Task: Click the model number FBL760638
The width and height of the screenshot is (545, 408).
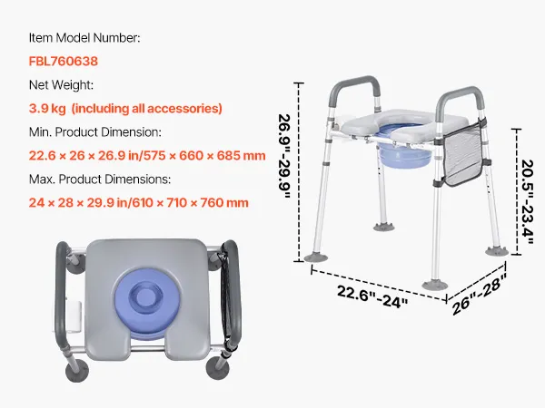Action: (64, 62)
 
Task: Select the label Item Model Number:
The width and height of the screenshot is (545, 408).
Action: (84, 38)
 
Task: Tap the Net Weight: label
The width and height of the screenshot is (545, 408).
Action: (61, 85)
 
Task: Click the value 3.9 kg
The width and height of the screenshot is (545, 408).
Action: (47, 109)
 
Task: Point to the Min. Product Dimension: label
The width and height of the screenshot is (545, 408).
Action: (95, 132)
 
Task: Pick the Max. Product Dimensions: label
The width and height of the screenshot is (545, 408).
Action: (100, 180)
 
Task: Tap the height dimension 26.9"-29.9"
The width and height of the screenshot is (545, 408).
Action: (284, 157)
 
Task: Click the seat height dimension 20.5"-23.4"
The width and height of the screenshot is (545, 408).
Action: (527, 201)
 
